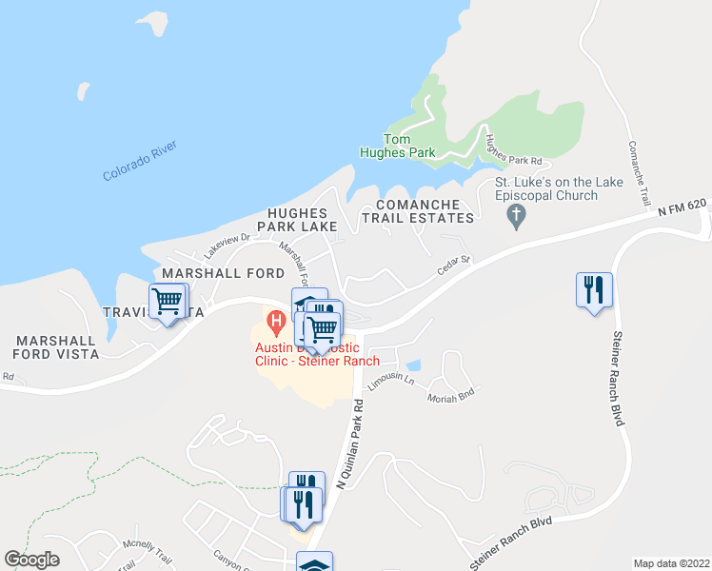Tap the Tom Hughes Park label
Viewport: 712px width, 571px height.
(397, 146)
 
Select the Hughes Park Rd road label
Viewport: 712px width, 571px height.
(513, 148)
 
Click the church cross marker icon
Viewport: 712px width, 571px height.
(517, 217)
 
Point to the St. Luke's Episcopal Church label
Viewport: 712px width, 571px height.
(545, 188)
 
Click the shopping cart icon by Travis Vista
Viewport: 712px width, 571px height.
(168, 301)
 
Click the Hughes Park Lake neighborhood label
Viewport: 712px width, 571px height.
(303, 220)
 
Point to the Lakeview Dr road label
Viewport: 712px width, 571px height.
(227, 246)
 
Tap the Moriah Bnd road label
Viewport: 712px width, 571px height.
(449, 396)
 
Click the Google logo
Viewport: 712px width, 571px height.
(31, 560)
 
